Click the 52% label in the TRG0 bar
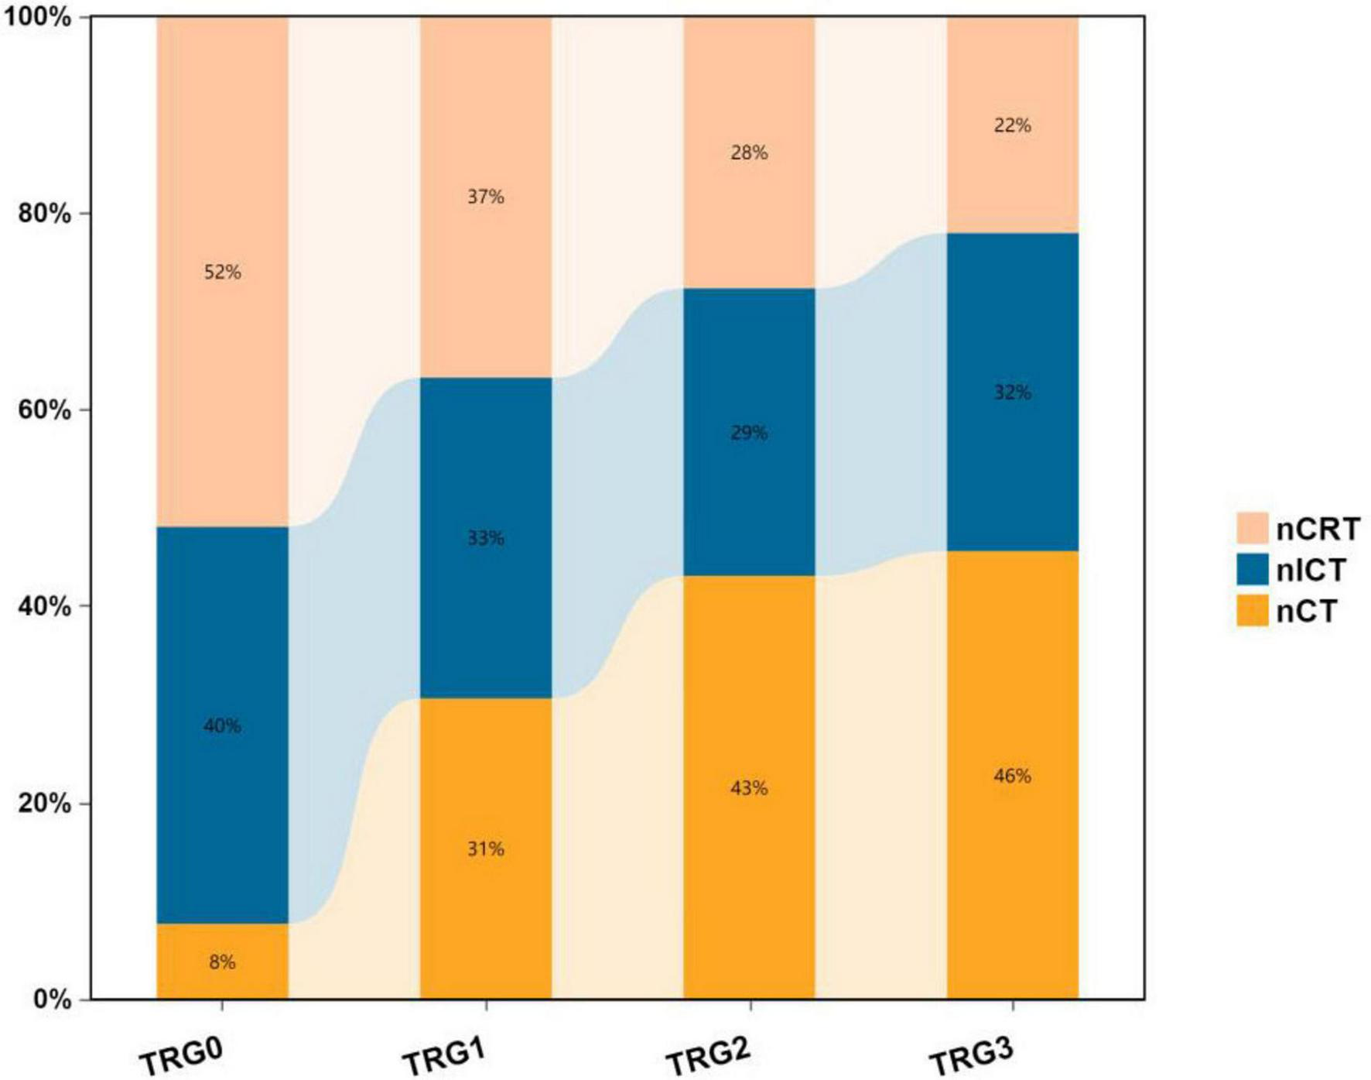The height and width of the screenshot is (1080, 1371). (222, 272)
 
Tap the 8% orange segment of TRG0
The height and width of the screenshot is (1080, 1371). (222, 962)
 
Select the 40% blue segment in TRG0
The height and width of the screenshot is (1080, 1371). (222, 725)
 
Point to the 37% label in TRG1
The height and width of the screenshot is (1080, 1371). (485, 197)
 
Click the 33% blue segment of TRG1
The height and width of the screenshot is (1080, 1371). (485, 537)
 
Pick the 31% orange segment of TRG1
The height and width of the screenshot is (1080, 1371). (485, 849)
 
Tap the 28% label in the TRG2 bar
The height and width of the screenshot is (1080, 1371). (749, 153)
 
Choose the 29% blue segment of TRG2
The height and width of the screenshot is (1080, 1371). (749, 432)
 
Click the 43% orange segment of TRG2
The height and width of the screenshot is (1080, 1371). (749, 788)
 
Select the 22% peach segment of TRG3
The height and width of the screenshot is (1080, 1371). (1012, 125)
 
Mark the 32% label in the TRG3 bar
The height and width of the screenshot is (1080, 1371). (1012, 393)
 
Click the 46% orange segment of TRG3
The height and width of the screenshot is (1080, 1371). (1012, 775)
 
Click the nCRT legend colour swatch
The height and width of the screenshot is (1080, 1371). (1252, 528)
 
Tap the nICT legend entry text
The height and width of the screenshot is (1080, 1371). (1311, 570)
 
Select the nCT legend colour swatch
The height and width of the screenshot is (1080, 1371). (1252, 611)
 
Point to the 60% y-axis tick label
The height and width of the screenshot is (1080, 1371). (43, 410)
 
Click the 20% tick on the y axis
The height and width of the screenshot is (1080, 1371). (43, 803)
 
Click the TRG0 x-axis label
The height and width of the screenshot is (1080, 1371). (183, 1054)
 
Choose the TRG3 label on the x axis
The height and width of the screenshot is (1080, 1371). (972, 1054)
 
